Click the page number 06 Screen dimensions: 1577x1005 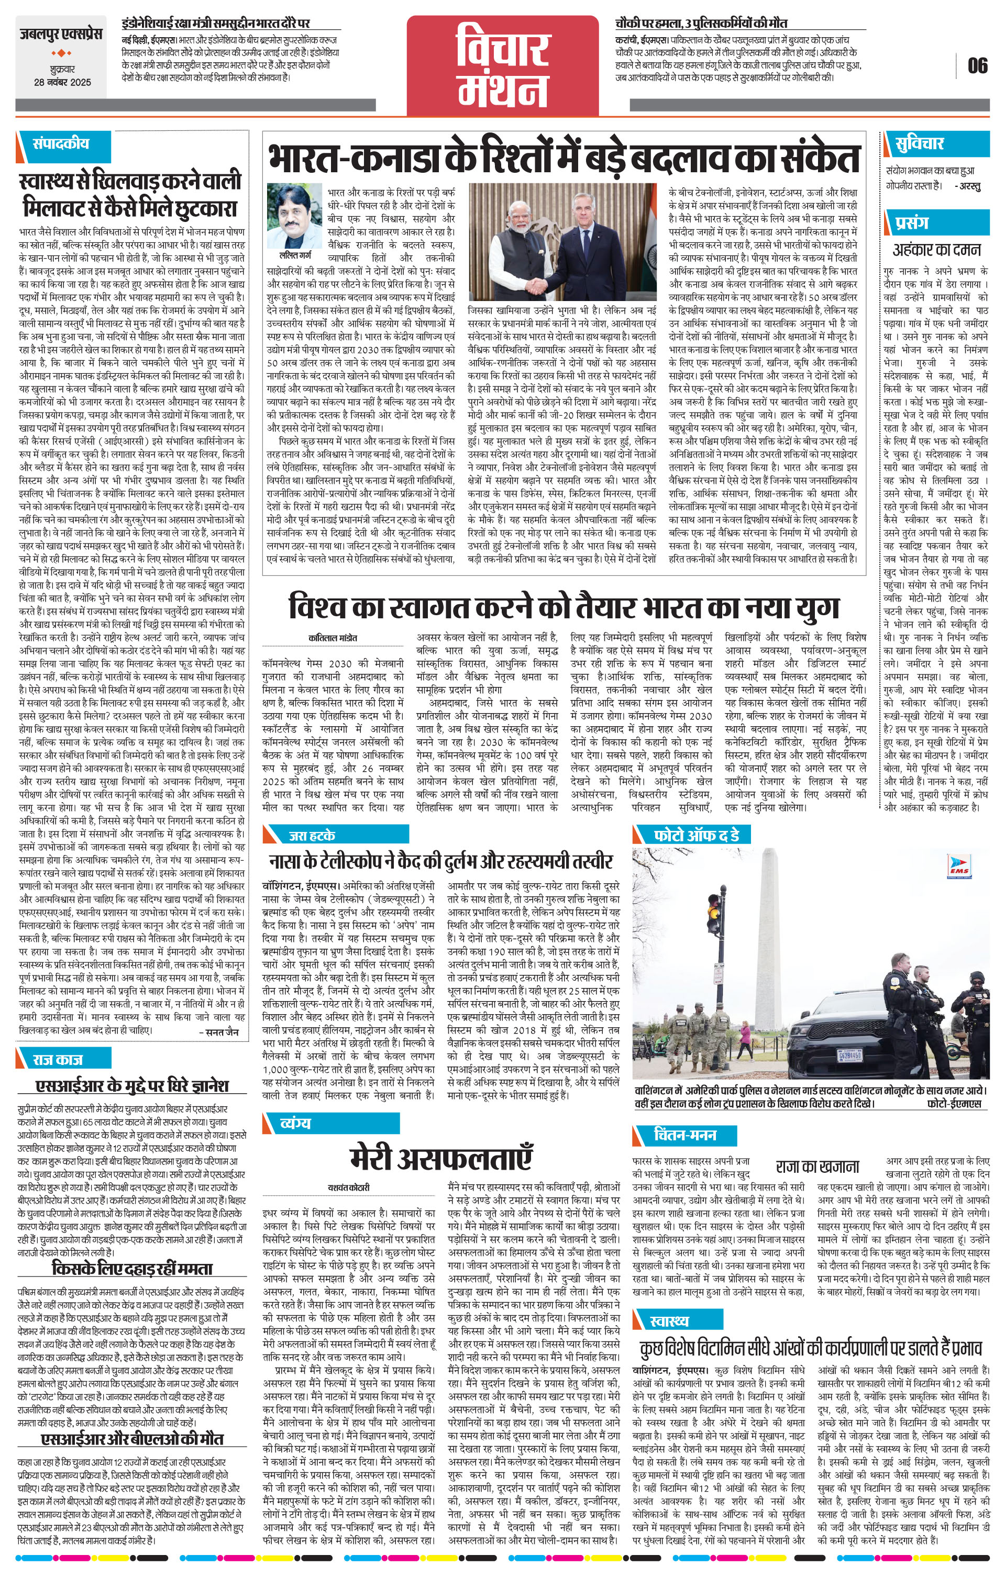(977, 65)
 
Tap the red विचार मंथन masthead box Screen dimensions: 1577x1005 (502, 63)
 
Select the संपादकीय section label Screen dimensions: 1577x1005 (61, 143)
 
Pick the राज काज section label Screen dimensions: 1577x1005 (58, 1059)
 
